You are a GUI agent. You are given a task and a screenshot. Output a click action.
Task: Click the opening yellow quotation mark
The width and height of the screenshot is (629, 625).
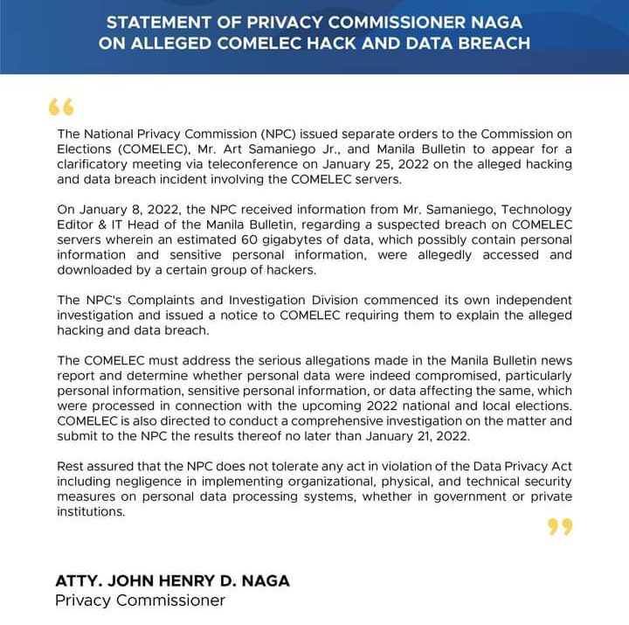coord(61,108)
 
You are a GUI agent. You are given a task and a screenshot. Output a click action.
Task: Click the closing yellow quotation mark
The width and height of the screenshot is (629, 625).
coord(560,526)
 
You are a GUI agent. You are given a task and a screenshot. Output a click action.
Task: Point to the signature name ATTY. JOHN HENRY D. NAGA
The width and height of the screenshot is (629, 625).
coord(172,580)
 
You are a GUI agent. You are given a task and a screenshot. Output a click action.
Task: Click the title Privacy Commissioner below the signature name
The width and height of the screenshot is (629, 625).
coord(140,601)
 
